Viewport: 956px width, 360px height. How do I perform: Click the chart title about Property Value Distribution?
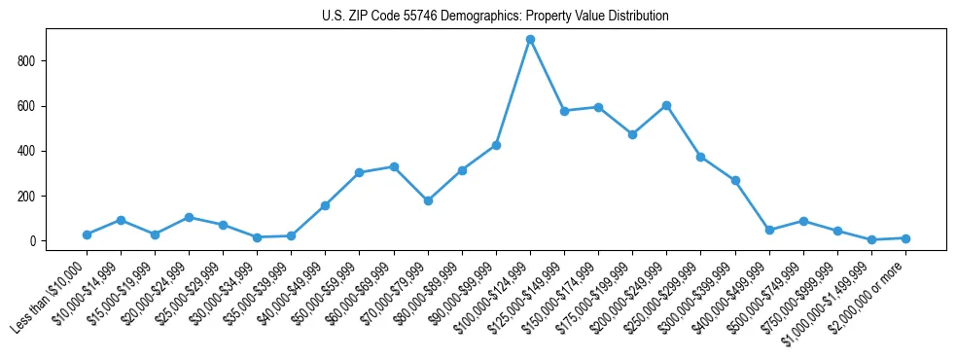495,17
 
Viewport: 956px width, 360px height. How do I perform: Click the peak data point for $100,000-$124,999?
530,40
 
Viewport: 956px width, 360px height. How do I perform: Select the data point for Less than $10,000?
87,234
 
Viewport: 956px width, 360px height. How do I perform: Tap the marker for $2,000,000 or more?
905,238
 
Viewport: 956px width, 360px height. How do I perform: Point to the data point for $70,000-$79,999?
428,200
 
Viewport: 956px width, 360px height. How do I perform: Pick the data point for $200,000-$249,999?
666,105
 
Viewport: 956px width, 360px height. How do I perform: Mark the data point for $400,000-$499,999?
769,230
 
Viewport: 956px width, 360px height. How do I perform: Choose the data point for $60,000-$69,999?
394,166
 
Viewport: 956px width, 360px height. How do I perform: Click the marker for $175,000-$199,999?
632,134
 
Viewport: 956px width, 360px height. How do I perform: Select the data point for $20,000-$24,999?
189,217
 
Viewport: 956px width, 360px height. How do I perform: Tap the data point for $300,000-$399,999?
735,180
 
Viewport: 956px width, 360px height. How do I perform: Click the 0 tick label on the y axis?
33,241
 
